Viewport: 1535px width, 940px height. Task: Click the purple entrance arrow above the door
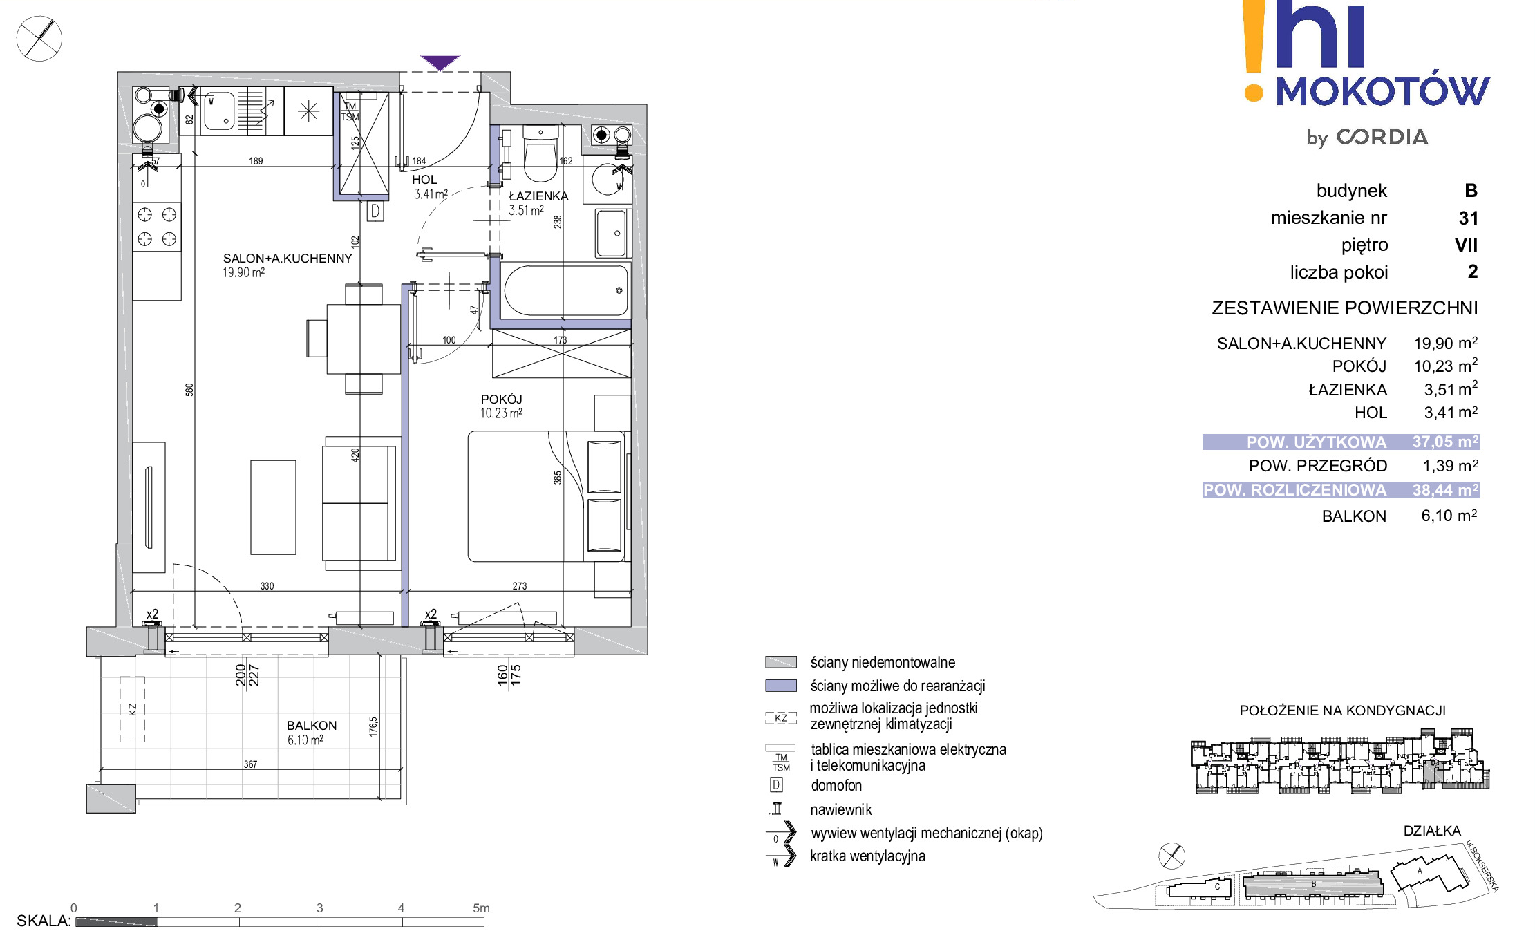click(x=440, y=62)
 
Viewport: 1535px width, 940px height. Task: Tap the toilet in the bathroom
click(x=540, y=153)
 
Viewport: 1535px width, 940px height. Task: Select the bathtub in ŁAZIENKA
click(x=565, y=290)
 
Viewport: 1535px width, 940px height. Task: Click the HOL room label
click(x=424, y=180)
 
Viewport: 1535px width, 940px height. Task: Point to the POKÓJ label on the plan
click(x=502, y=399)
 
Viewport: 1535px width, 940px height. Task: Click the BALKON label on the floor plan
click(x=312, y=726)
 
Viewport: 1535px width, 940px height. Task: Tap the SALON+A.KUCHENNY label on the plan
click(x=288, y=258)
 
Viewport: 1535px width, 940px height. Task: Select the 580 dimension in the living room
click(x=189, y=390)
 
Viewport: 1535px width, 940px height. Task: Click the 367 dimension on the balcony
click(x=250, y=764)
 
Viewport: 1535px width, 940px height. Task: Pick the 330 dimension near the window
click(x=267, y=586)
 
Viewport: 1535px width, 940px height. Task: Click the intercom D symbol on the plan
click(x=375, y=211)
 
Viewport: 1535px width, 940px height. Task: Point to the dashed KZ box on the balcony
click(x=132, y=709)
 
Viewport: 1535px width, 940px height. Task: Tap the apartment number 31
click(x=1468, y=218)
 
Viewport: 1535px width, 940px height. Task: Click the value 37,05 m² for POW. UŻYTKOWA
click(x=1445, y=442)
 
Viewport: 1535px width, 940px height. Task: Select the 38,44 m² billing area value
click(x=1445, y=490)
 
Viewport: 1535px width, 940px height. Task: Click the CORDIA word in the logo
click(x=1382, y=137)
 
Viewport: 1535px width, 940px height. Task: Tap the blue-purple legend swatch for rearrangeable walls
click(x=781, y=686)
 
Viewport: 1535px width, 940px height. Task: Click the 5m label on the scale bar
click(x=481, y=908)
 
